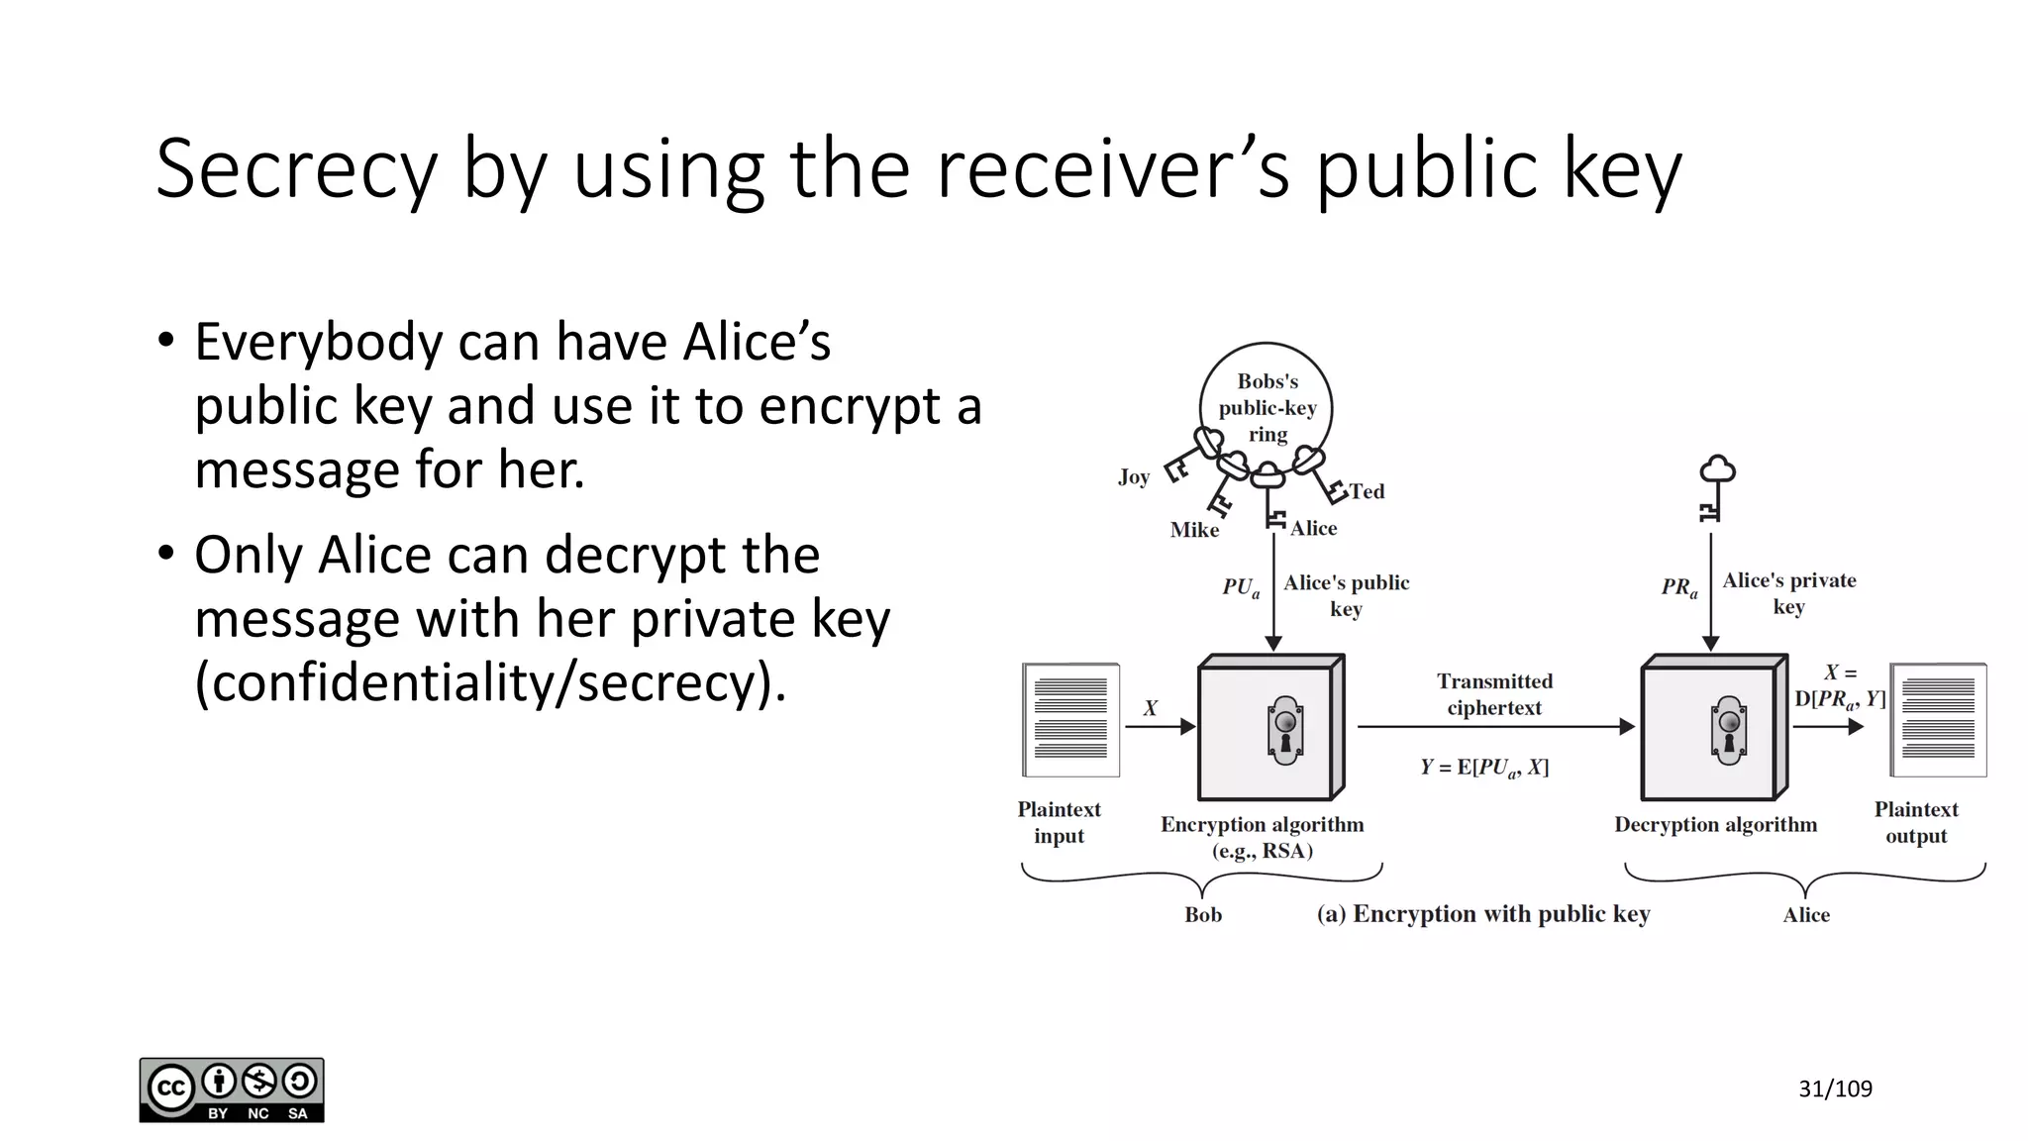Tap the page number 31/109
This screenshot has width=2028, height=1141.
(1835, 1089)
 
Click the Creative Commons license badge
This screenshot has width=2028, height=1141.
(232, 1090)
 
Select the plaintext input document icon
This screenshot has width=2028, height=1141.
(1070, 720)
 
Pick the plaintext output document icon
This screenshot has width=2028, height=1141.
(1938, 720)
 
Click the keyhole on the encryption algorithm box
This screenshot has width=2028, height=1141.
(1285, 729)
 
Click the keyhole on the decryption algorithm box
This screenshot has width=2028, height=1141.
(1729, 729)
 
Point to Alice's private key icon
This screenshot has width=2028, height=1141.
(1715, 487)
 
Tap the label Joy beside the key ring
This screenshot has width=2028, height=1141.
(1133, 477)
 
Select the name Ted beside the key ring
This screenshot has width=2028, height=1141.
(1367, 491)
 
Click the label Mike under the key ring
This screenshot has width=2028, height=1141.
(1194, 530)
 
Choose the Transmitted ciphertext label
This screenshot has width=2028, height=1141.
(1494, 694)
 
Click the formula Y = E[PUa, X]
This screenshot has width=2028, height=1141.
(1484, 768)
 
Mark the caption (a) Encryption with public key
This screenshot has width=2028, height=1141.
(1483, 914)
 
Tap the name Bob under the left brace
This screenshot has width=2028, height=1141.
(1203, 915)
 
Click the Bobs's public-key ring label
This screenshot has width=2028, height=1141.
(1267, 407)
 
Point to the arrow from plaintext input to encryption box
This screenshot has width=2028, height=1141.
(1160, 727)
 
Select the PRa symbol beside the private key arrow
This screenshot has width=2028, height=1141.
(1679, 587)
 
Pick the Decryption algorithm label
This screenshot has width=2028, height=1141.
(1715, 825)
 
